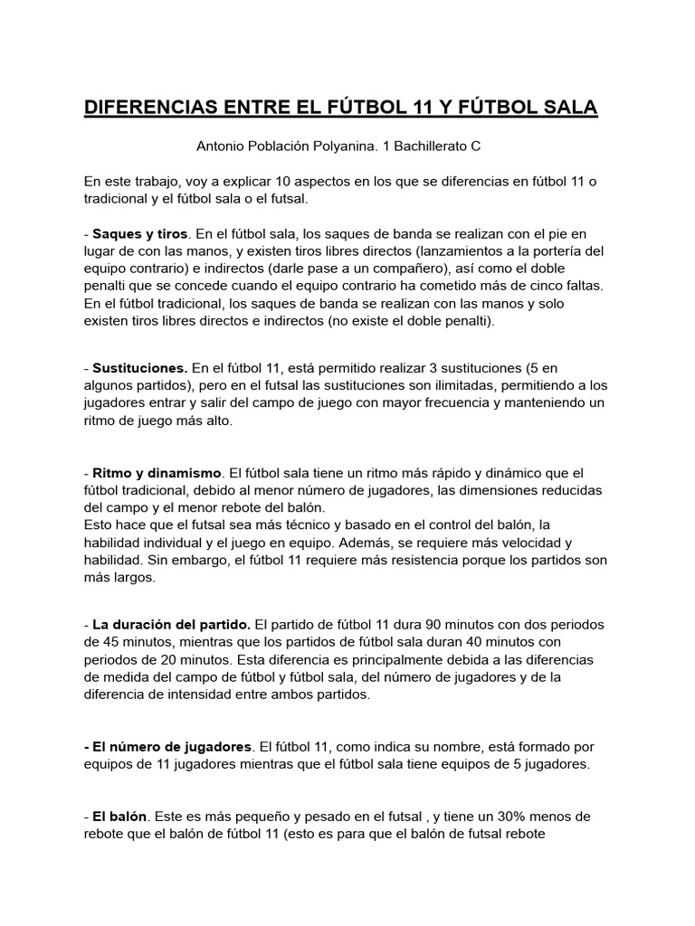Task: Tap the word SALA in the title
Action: tap(566, 108)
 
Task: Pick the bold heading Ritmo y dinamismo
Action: tap(157, 472)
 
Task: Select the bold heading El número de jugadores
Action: tap(172, 747)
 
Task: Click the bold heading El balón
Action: tap(120, 816)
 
